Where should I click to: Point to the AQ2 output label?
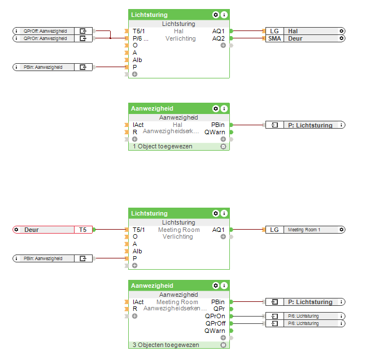[218, 38]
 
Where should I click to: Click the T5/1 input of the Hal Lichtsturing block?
[138, 31]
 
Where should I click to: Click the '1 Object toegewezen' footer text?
[163, 146]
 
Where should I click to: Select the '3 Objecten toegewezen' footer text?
[165, 345]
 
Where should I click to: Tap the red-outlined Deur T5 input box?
[52, 230]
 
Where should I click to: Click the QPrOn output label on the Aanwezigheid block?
[215, 316]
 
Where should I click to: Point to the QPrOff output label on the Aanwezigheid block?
[215, 323]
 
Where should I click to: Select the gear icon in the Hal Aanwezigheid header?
[215, 108]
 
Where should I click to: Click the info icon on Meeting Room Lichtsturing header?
[224, 213]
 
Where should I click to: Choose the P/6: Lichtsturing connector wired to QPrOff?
[305, 323]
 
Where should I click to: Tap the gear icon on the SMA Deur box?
[341, 38]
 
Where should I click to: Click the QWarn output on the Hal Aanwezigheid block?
[215, 132]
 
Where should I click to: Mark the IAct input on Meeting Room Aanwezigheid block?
[138, 302]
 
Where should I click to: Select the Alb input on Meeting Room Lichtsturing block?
[137, 251]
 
